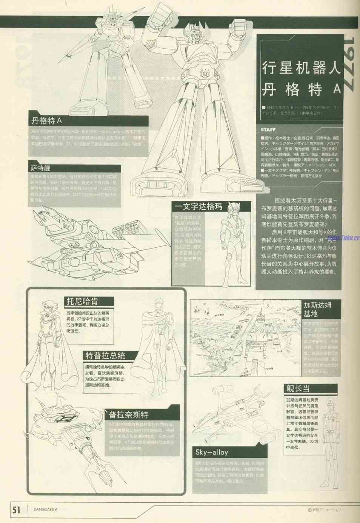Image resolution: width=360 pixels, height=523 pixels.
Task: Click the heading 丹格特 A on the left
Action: click(x=47, y=121)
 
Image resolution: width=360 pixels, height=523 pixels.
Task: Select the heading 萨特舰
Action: click(x=41, y=168)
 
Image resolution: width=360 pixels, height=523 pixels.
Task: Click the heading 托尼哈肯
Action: click(x=82, y=301)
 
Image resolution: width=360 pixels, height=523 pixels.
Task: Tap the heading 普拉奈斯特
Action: click(x=129, y=415)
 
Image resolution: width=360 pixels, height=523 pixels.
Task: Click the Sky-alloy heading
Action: click(x=212, y=452)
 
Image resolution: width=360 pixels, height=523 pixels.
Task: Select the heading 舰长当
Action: click(x=298, y=388)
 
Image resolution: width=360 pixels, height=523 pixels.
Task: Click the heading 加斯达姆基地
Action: click(x=317, y=309)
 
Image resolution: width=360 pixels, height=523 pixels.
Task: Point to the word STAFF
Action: click(x=268, y=130)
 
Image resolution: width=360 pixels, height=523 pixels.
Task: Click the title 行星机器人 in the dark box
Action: click(x=301, y=69)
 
